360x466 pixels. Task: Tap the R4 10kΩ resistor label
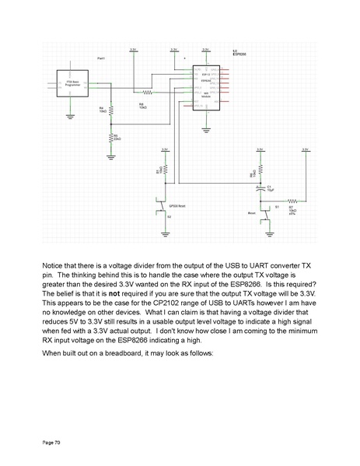coord(103,110)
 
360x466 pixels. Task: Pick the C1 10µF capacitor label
coord(270,188)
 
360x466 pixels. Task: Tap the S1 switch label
coord(277,207)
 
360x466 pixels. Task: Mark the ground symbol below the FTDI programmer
coord(70,117)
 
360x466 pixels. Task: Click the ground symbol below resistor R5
coord(110,156)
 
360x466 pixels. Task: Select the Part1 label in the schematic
coord(101,58)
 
